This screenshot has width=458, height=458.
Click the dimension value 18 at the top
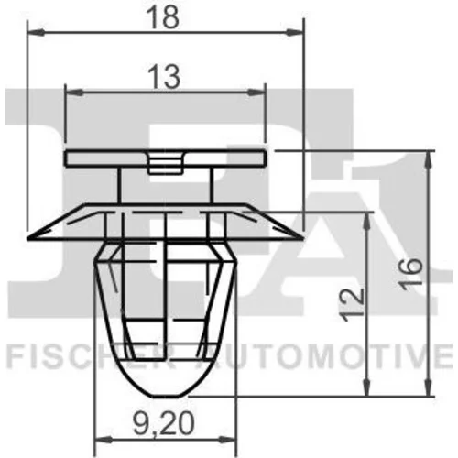162,17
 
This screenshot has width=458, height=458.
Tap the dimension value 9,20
164,423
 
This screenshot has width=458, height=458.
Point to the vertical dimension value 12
352,304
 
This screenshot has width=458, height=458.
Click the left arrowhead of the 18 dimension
36,32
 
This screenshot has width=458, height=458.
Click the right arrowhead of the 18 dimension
295,32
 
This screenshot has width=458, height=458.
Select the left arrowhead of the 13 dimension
74,92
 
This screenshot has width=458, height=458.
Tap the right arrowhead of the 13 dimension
256,92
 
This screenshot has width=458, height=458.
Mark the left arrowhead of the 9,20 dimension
104,440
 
